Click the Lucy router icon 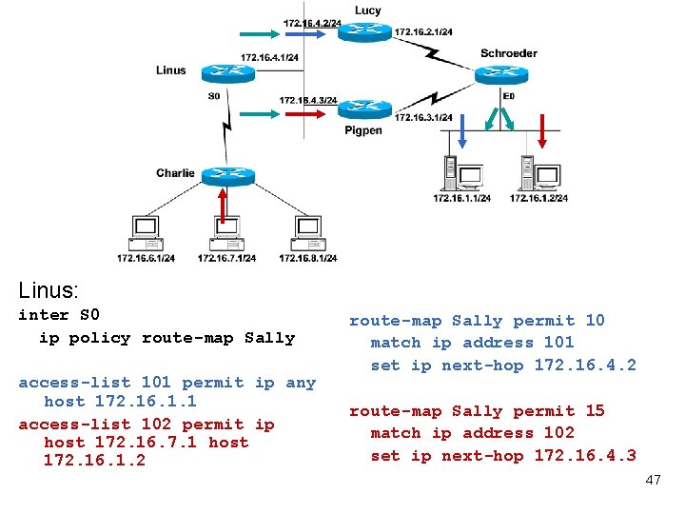click(x=364, y=31)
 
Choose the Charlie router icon click(x=226, y=174)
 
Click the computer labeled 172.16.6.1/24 click(x=145, y=233)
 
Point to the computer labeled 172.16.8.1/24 click(x=307, y=233)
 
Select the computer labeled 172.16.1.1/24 click(x=460, y=171)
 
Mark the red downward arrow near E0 click(x=543, y=130)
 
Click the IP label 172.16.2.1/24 click(x=422, y=32)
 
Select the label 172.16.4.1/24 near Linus click(x=269, y=57)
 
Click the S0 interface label click(x=213, y=95)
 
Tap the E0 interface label click(x=509, y=96)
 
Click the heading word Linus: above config click(x=49, y=289)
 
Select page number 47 click(x=653, y=480)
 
